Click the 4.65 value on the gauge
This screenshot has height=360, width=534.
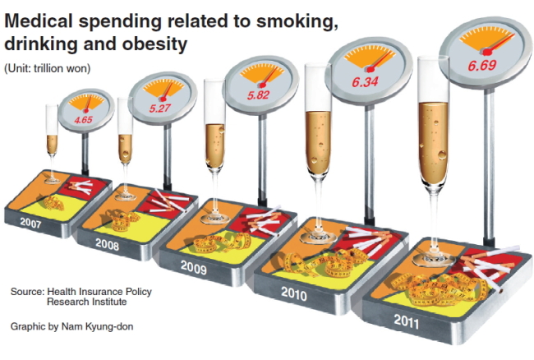84,120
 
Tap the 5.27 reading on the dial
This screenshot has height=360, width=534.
159,108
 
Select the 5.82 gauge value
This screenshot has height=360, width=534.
258,95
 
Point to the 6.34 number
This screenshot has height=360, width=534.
365,82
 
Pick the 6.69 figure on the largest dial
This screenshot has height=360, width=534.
482,65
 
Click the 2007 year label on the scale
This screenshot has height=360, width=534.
30,223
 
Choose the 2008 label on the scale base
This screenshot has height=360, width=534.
107,244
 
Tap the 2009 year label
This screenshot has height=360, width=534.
193,267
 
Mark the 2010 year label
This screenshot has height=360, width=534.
294,293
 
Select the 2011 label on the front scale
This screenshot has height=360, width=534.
407,321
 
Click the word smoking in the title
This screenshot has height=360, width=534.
297,21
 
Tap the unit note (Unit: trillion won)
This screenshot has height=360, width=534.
48,68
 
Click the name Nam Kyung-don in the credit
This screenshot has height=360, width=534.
97,326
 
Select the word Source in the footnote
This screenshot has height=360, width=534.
27,292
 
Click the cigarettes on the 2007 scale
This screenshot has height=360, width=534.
81,187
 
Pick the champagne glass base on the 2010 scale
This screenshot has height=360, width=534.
317,237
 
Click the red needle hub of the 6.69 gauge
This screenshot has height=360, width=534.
487,51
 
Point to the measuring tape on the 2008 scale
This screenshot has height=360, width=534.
121,219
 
